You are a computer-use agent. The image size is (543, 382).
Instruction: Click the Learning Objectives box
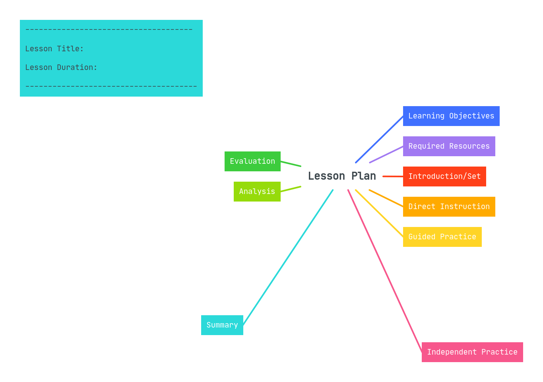coord(451,116)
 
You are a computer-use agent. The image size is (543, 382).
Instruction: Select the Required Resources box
coord(449,146)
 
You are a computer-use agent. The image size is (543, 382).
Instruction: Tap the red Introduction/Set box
coord(444,176)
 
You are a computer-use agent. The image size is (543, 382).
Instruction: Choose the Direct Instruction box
coord(449,207)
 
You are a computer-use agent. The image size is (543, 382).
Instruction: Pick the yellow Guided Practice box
coord(442,237)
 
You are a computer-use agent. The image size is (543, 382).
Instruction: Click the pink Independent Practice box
coord(472,352)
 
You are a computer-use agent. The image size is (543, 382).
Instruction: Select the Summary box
coord(222,325)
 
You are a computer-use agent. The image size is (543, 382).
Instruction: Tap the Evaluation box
coord(252,161)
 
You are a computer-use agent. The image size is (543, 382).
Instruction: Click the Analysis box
coord(257,192)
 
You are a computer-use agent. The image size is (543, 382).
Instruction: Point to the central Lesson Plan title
coord(342,176)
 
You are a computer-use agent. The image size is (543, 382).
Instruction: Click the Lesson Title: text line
coord(54,49)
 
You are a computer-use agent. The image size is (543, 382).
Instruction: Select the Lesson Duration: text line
coord(61,68)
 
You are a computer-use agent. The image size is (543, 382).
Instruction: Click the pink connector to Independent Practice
coord(385,271)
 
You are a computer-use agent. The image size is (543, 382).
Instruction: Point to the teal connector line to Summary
coord(288,257)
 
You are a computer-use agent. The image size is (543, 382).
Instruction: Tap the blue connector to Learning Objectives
coord(380,139)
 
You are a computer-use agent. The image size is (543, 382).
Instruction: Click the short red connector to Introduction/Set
coord(393,176)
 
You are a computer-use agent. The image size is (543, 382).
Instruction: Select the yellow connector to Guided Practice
coord(379,213)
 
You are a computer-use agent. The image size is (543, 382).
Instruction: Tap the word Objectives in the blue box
coord(471,116)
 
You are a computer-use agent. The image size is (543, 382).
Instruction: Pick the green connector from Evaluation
coord(291,164)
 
